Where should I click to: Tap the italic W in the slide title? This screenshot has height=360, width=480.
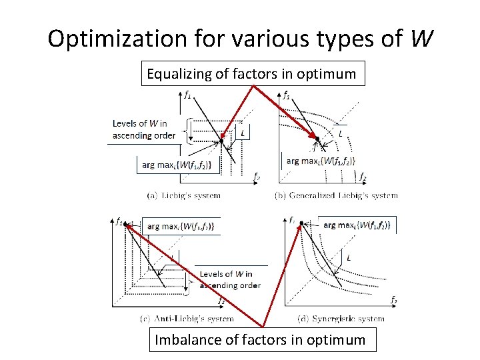point(420,40)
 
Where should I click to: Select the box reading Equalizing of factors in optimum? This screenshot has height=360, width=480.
point(252,74)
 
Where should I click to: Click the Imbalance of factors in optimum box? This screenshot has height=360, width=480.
point(260,340)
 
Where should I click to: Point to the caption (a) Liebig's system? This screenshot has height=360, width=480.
point(183,195)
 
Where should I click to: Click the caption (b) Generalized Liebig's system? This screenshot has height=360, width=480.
point(336,195)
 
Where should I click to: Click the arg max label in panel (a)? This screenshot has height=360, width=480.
point(177,165)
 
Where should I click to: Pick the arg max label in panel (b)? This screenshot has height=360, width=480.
point(321,161)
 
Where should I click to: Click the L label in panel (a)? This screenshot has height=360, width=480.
point(243,133)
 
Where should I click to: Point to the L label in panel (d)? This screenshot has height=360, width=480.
point(349,257)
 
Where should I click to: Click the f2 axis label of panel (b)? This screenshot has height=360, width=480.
point(362,177)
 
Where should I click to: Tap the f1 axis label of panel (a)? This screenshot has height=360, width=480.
point(188,94)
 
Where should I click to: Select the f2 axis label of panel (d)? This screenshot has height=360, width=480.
point(393,299)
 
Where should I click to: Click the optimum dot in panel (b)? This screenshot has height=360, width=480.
point(318,139)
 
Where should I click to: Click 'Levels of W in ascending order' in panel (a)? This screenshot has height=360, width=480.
point(144,129)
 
